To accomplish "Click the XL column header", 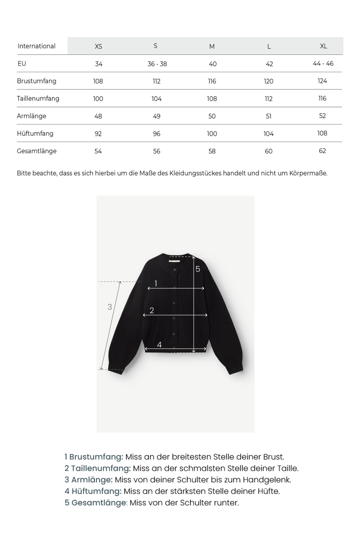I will click(324, 46).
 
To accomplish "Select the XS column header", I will click(98, 47).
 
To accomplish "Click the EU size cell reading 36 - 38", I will click(157, 64).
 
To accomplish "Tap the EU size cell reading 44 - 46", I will click(323, 63).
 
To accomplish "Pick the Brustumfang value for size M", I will click(212, 81).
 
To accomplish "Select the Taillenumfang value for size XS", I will click(98, 99).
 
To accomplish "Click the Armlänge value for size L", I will click(269, 116).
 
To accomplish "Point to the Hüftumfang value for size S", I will click(156, 134).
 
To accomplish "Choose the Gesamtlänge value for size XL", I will click(323, 151).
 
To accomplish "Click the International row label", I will click(36, 46).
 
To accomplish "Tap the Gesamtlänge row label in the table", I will click(36, 151).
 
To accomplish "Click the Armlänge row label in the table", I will click(32, 116).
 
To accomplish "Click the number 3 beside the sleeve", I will click(110, 306).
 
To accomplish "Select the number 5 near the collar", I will click(198, 269).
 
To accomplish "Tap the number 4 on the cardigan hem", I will click(159, 345).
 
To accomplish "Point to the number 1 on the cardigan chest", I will click(156, 283).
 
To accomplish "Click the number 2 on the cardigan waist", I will click(152, 310).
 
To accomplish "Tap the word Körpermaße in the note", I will click(309, 173).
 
